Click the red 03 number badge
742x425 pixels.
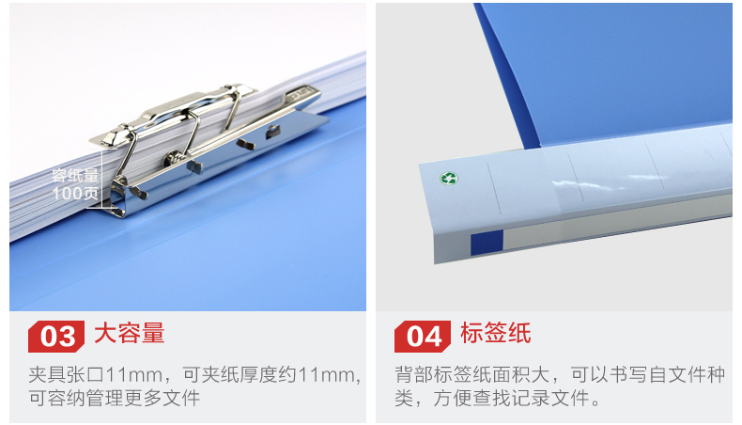point(56,337)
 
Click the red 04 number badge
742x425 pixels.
point(423,337)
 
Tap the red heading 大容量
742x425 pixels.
point(130,333)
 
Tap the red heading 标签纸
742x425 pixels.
point(496,333)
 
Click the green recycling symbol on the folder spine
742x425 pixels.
point(449,178)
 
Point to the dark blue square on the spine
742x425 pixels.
point(487,242)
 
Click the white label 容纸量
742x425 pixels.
point(75,175)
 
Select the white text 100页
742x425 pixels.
point(75,194)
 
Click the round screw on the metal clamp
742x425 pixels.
point(173,157)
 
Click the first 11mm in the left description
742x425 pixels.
point(134,375)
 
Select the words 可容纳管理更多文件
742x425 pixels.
point(114,398)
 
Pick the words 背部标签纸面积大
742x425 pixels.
point(471,375)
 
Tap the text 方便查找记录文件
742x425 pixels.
point(511,398)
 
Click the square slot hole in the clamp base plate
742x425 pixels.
point(273,132)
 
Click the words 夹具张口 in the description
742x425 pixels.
point(67,375)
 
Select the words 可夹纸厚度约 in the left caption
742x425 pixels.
point(240,375)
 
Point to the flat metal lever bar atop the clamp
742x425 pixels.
point(179,111)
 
